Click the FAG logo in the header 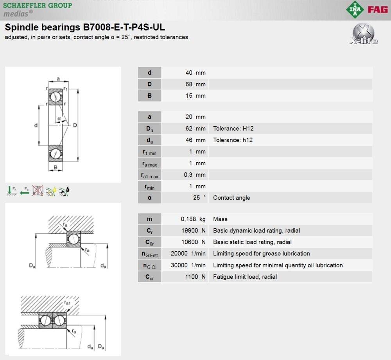[378, 10]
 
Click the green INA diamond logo [355, 9]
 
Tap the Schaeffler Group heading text [38, 5]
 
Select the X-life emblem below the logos [364, 34]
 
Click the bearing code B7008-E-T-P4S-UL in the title [124, 27]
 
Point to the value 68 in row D [189, 84]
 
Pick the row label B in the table [149, 96]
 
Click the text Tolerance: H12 [233, 128]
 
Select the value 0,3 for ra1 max [188, 175]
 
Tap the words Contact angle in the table [231, 198]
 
